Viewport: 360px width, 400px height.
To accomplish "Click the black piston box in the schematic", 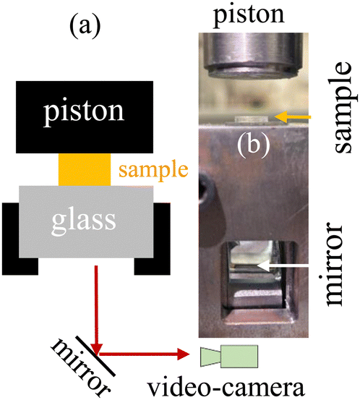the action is tap(85, 117).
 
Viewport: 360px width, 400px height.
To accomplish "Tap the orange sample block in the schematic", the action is tap(85, 170).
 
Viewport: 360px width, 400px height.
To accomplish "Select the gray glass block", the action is tap(86, 221).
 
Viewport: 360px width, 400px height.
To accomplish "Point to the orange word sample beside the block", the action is tap(153, 171).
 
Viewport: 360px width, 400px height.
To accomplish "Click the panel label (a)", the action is tap(85, 26).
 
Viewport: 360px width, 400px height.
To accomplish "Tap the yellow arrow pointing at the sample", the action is tap(293, 117).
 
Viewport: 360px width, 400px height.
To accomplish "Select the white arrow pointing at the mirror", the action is tap(283, 265).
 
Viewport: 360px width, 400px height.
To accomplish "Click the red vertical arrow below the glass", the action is tap(97, 310).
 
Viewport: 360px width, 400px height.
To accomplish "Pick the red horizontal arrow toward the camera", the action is tap(145, 354).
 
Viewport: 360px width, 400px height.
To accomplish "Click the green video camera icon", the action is tap(229, 356).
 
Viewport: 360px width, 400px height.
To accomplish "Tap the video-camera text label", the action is tap(227, 387).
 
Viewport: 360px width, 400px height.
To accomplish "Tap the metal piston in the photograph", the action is tap(253, 55).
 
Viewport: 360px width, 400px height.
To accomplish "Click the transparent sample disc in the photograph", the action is tap(251, 119).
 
